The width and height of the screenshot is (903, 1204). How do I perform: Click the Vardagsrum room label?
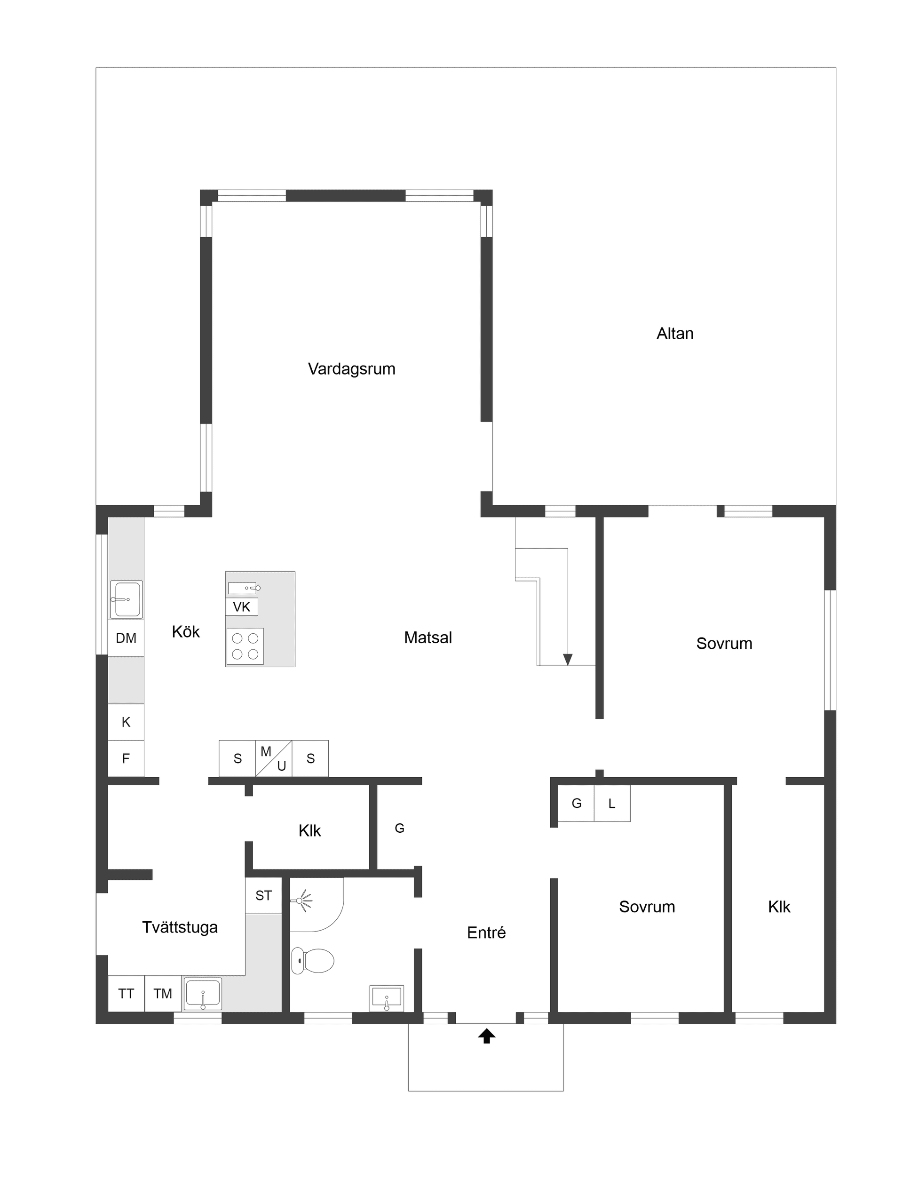[351, 369]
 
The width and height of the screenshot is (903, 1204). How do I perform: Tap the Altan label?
[674, 334]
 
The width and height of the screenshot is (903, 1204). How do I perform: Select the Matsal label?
[428, 638]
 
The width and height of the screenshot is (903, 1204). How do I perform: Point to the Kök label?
[185, 632]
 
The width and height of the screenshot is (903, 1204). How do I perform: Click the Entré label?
[486, 933]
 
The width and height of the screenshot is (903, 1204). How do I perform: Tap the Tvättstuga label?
[180, 927]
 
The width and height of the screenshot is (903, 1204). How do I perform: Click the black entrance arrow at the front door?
[486, 1036]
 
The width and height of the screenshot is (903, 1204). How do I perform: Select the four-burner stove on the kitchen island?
[245, 646]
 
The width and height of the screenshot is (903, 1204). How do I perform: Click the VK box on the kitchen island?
[242, 607]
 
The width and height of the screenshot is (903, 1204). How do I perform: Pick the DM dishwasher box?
[126, 638]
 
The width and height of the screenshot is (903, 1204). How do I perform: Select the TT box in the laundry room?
[126, 994]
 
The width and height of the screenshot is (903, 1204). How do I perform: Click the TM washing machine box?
[163, 994]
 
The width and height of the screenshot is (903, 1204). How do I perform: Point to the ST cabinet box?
[263, 895]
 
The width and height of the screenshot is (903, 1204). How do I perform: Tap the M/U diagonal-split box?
[274, 758]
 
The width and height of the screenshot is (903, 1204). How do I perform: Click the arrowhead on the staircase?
[567, 659]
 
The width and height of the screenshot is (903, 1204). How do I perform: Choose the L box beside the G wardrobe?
[612, 804]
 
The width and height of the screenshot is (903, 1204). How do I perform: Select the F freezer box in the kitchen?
[126, 758]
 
